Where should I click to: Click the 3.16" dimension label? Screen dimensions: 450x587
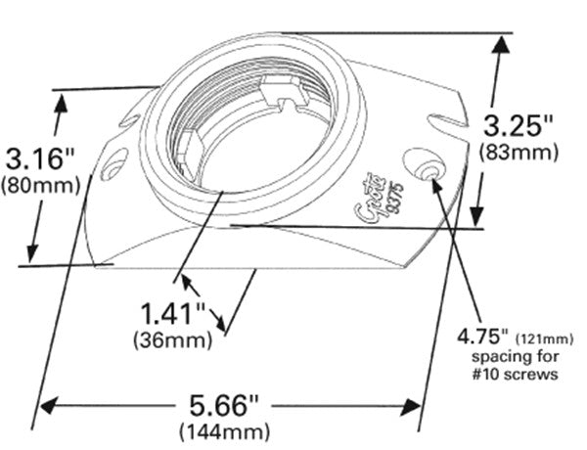pyautogui.click(x=40, y=157)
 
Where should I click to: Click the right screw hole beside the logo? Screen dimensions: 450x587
pyautogui.click(x=424, y=164)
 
